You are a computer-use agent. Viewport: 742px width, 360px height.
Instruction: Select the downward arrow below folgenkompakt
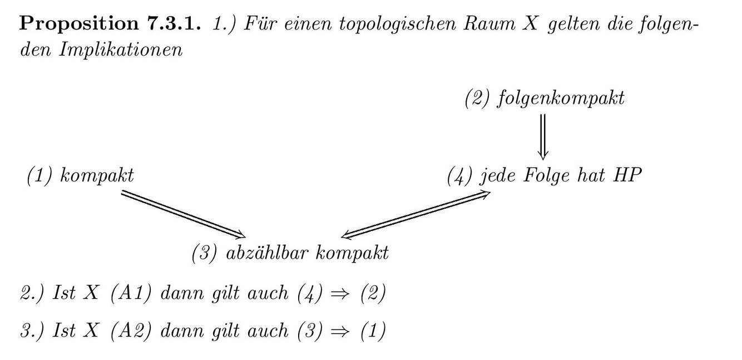(x=543, y=136)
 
